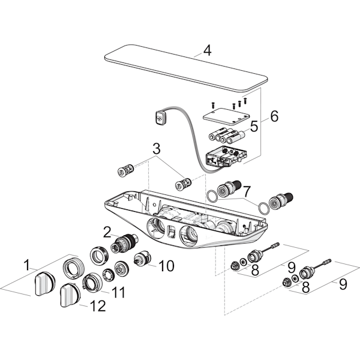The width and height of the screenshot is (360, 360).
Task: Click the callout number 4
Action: click(206, 50)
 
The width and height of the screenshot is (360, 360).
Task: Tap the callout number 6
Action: click(274, 116)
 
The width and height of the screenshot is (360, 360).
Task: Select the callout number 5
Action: click(254, 127)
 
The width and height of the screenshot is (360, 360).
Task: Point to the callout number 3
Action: click(156, 148)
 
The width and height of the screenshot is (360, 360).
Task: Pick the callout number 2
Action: click(107, 231)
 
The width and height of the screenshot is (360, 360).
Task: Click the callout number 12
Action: click(97, 306)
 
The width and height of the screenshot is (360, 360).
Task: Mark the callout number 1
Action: click(26, 263)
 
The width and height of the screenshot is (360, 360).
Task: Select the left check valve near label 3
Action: click(125, 169)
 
